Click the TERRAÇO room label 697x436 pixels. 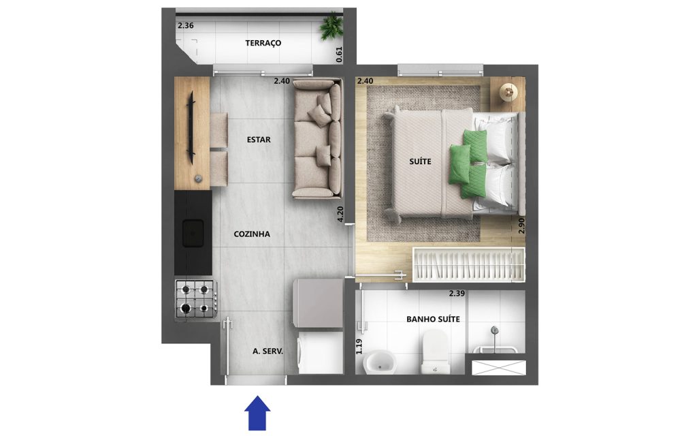(263, 43)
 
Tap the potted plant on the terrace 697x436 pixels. (331, 27)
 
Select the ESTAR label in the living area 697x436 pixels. (259, 140)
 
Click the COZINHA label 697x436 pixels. (252, 234)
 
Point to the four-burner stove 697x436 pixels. (196, 298)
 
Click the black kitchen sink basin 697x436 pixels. (193, 233)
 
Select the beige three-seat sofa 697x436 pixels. (317, 138)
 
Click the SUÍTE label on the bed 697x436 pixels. (420, 161)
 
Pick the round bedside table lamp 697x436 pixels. (508, 93)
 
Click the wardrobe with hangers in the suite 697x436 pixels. (469, 264)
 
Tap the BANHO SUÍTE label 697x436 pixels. (433, 319)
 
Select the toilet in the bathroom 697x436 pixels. (436, 352)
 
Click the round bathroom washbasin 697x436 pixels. (380, 362)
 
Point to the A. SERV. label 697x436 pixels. (268, 351)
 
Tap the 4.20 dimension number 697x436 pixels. (340, 215)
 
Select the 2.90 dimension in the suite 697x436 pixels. (521, 225)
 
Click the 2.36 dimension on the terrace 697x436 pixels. (185, 25)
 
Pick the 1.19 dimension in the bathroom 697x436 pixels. (359, 347)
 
